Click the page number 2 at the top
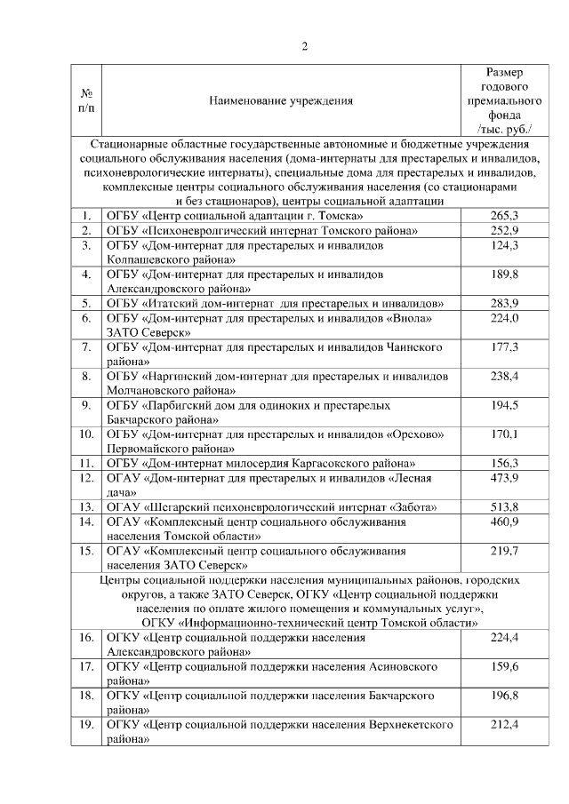(304, 47)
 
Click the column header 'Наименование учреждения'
(280, 100)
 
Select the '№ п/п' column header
(87, 100)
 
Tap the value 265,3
(504, 216)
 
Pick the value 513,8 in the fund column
(504, 506)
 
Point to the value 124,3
(504, 244)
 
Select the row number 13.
(86, 506)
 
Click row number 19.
(86, 725)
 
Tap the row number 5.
(86, 303)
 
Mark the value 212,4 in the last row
(504, 725)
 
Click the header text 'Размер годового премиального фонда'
(504, 93)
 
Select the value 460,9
(504, 521)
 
